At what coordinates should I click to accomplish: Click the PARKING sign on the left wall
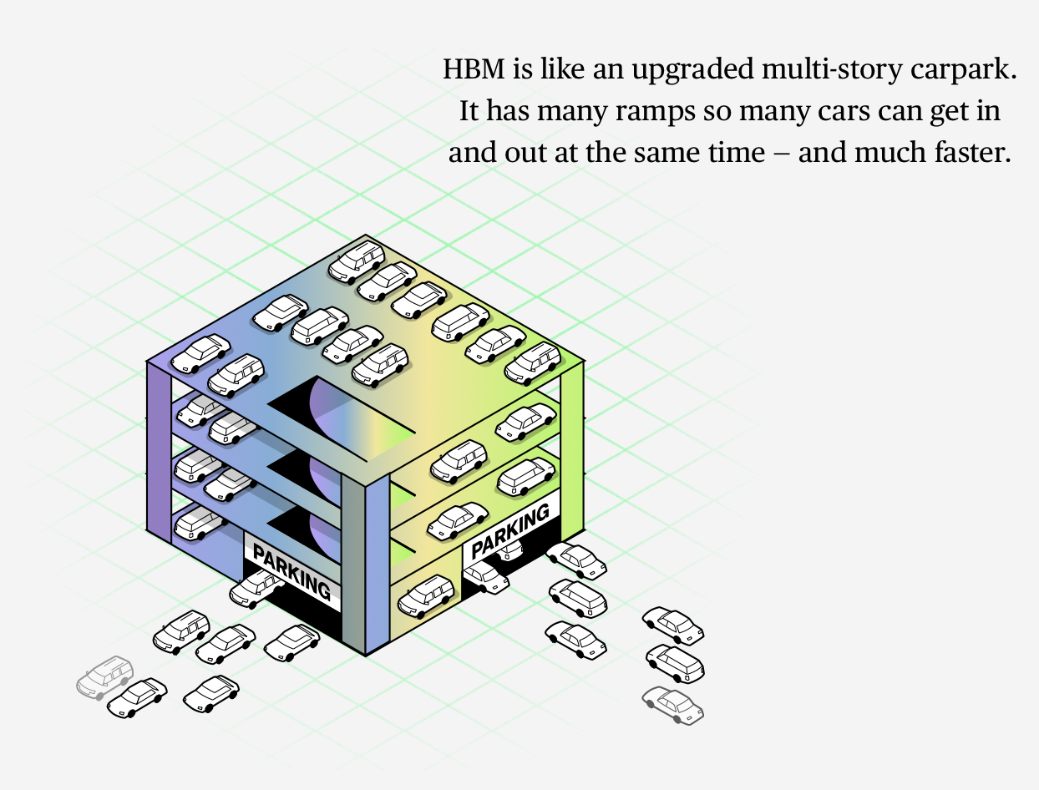click(x=291, y=572)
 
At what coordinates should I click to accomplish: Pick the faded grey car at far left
click(x=104, y=676)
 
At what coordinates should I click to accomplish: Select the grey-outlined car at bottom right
click(x=673, y=705)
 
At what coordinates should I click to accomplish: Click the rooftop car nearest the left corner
click(x=200, y=352)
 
